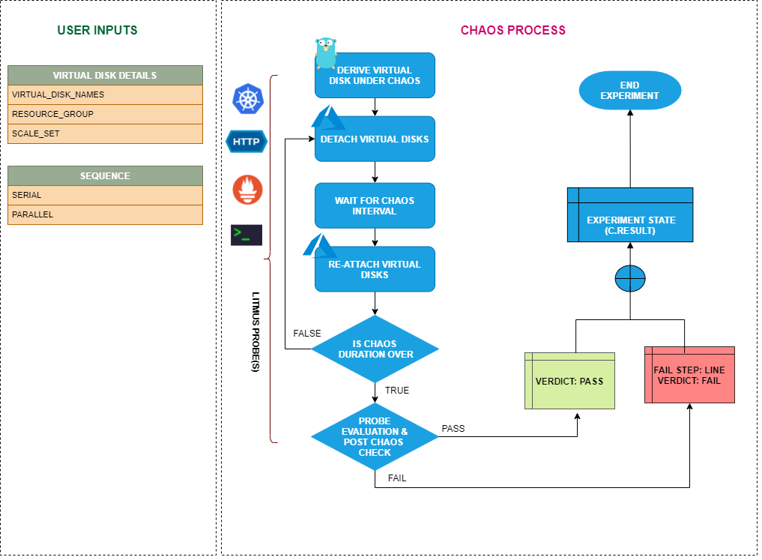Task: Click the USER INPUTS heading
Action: click(97, 31)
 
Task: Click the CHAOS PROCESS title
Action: click(512, 31)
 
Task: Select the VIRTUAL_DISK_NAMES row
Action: click(105, 94)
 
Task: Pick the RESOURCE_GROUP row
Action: click(105, 114)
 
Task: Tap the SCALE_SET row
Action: click(105, 133)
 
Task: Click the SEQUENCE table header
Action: click(105, 175)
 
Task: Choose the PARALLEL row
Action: click(105, 214)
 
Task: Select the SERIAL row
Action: click(105, 195)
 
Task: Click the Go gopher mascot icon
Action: click(326, 53)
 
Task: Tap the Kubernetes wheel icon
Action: click(247, 100)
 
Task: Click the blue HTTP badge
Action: click(247, 141)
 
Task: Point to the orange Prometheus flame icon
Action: click(247, 190)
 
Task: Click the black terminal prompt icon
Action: click(247, 235)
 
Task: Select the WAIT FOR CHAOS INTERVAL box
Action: click(375, 205)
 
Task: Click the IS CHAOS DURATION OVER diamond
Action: click(375, 349)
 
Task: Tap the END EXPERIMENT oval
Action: click(629, 91)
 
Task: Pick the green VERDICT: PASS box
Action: click(569, 380)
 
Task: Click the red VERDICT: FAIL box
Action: click(689, 375)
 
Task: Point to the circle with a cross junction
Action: click(629, 279)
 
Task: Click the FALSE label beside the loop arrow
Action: click(307, 334)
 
